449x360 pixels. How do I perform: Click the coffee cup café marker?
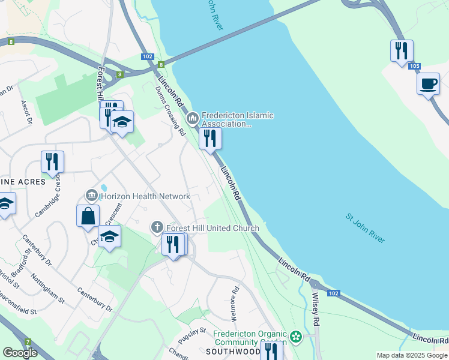(428, 83)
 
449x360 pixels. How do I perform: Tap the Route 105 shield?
(414, 66)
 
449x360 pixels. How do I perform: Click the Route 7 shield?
(28, 341)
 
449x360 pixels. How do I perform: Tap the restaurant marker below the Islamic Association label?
(210, 138)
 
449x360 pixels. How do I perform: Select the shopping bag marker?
(88, 215)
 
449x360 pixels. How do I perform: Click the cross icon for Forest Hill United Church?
(157, 227)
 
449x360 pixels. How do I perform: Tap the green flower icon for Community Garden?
(295, 337)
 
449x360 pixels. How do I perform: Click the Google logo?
(20, 353)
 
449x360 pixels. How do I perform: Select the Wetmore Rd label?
(235, 306)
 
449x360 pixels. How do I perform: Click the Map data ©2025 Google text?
(412, 355)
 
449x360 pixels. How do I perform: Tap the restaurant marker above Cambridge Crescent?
(52, 161)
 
